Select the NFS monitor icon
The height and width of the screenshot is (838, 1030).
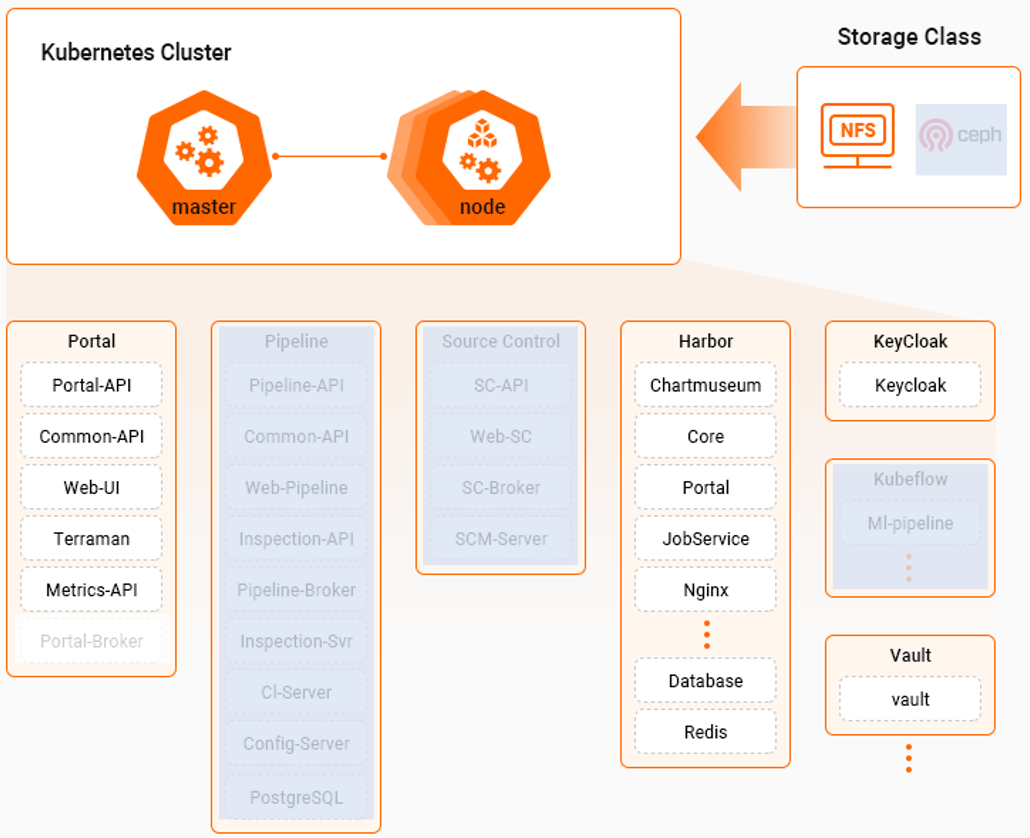pos(857,135)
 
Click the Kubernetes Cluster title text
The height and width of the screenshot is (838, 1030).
pos(136,52)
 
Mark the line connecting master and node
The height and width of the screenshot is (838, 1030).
pos(329,156)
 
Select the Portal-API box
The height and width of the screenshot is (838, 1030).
pos(91,385)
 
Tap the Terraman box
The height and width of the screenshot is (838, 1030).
pos(91,538)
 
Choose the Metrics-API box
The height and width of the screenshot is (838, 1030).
pos(91,589)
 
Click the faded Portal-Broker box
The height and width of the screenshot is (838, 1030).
pos(91,640)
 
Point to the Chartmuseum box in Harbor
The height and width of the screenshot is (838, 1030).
pos(705,385)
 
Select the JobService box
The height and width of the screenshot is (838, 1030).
pos(705,538)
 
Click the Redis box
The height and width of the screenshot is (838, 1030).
pos(705,732)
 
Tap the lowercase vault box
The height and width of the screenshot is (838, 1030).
pos(910,699)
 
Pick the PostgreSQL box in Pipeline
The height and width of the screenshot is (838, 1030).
pos(296,798)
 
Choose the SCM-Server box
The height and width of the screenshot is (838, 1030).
pos(501,538)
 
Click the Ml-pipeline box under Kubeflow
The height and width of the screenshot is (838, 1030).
pos(910,523)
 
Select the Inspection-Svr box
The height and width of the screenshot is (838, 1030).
pos(296,640)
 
